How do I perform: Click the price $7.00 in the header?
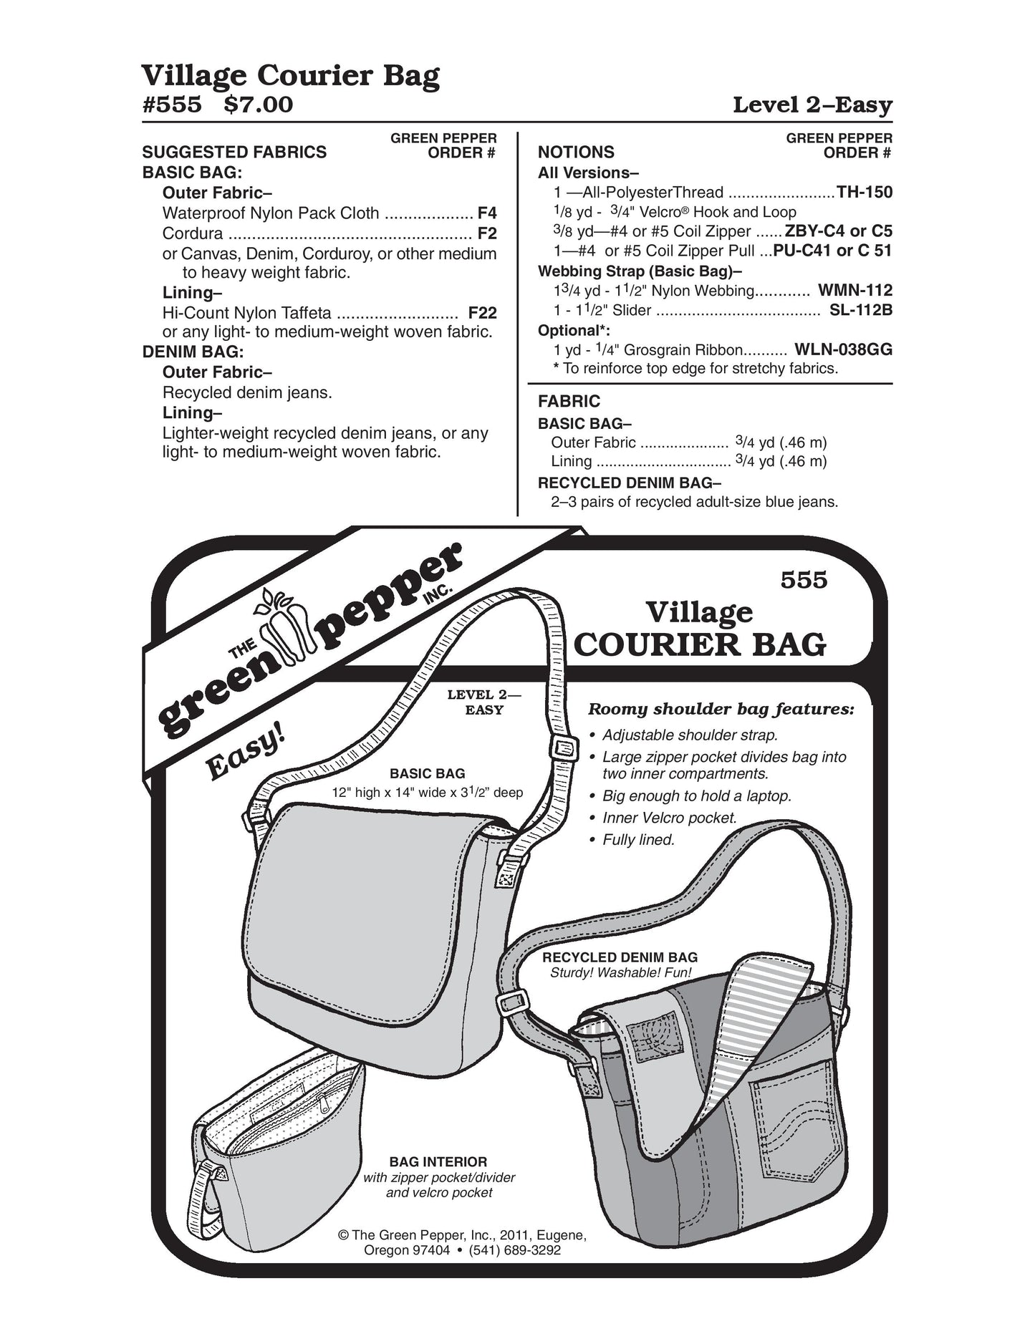tap(258, 105)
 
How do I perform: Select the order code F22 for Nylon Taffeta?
tap(482, 313)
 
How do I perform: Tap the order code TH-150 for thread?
tap(865, 192)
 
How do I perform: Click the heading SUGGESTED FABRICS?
tap(234, 152)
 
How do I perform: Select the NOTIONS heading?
tap(576, 152)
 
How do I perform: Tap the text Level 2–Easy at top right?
tap(812, 105)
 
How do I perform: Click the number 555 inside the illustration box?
tap(804, 580)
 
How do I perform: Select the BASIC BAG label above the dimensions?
tap(427, 773)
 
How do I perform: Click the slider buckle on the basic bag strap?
tap(563, 749)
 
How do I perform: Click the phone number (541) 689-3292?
tap(514, 1250)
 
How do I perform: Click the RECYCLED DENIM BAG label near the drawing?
tap(620, 957)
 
